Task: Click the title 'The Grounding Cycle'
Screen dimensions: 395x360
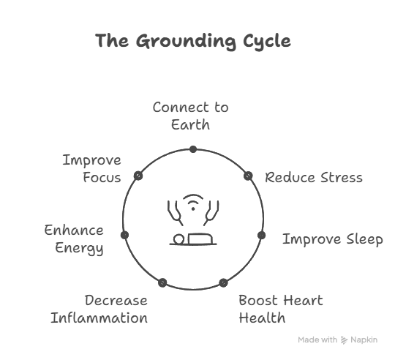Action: [x=193, y=41]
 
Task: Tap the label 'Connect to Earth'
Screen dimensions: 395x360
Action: [x=191, y=116]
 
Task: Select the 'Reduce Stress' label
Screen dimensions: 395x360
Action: [x=314, y=177]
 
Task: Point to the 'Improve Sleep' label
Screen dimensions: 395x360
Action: [x=333, y=239]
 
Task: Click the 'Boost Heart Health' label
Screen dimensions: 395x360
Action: [x=281, y=309]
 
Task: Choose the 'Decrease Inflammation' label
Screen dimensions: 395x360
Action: [x=99, y=309]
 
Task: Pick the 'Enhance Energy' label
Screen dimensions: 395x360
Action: [x=74, y=239]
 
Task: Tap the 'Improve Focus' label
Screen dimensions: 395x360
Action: [x=92, y=169]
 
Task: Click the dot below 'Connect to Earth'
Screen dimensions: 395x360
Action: [x=193, y=149]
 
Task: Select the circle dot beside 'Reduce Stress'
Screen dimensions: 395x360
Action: [x=248, y=176]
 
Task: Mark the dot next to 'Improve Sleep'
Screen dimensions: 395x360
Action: [x=261, y=236]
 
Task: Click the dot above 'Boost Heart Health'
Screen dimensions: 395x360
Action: [x=223, y=283]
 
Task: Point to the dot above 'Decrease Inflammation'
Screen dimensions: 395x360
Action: [x=162, y=282]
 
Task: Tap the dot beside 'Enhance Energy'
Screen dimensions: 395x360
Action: [x=124, y=235]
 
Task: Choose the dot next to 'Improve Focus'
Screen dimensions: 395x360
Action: [x=138, y=176]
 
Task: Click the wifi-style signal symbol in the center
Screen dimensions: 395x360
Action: [x=193, y=202]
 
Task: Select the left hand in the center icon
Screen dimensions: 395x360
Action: [x=175, y=213]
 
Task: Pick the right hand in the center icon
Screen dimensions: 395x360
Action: [x=211, y=213]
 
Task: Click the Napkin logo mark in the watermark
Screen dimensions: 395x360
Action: [x=344, y=340]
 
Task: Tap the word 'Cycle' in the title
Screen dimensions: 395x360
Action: [x=267, y=42]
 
